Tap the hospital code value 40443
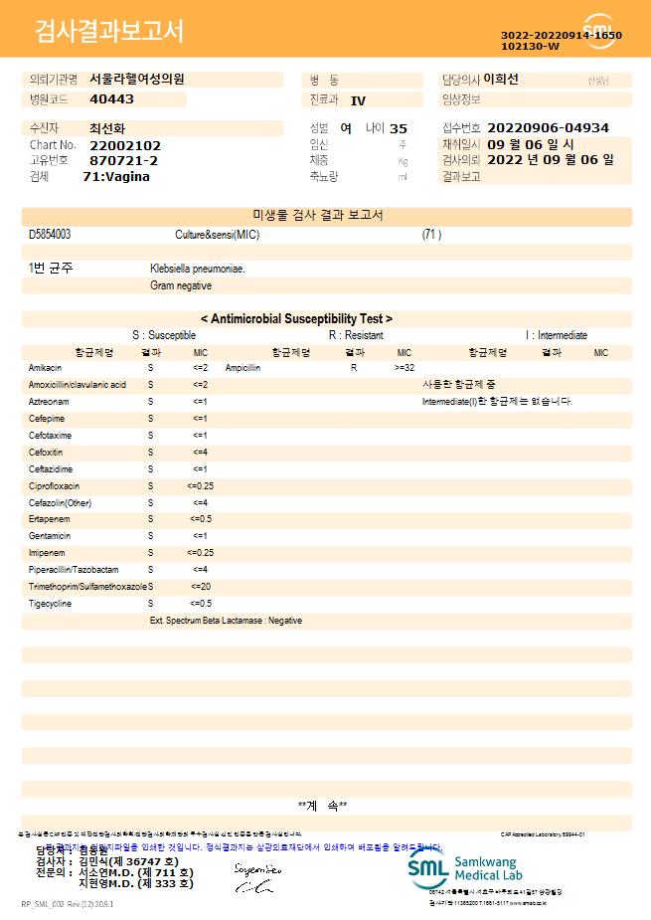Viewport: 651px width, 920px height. tap(111, 99)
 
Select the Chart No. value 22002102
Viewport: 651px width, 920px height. tap(125, 145)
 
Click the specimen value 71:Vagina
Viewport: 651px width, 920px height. tap(116, 176)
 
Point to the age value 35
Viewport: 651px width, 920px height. tap(399, 128)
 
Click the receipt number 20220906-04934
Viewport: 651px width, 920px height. tap(548, 128)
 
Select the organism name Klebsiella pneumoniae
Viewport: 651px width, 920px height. tap(198, 269)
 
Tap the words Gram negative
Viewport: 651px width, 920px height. tap(181, 285)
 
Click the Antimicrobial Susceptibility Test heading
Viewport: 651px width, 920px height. tap(296, 319)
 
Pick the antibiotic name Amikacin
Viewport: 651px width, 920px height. tap(45, 368)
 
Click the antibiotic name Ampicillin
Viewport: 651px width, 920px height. tap(243, 368)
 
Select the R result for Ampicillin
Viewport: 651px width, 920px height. tap(354, 368)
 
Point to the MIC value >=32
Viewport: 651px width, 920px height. tap(405, 368)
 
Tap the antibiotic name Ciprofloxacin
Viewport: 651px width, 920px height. tap(54, 486)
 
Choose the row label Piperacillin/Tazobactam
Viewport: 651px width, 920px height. tap(74, 570)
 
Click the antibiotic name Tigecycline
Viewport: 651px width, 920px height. tap(50, 604)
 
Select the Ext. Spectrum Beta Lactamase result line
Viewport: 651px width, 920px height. tap(226, 621)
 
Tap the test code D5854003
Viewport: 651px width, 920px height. tap(50, 235)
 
